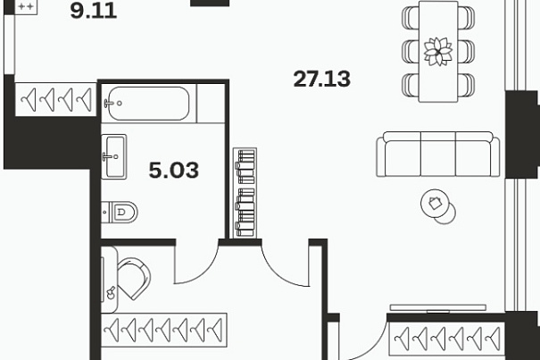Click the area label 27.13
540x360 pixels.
coord(321,79)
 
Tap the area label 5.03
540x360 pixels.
coord(173,170)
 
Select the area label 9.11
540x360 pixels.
coord(94,11)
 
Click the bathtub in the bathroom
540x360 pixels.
coord(148,103)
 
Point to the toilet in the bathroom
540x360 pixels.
coord(120,212)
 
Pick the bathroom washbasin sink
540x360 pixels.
coord(114,156)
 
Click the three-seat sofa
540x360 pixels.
coord(437,155)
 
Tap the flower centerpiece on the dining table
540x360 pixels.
coord(438,52)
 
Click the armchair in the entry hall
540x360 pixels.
coord(134,279)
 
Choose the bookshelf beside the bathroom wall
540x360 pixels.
coord(245,193)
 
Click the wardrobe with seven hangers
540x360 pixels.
coord(164,330)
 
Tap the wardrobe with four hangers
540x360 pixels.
coord(56,99)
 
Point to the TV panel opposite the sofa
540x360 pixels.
coord(437,307)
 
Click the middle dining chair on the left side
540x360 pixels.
coord(410,52)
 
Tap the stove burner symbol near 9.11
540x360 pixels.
coord(26,6)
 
